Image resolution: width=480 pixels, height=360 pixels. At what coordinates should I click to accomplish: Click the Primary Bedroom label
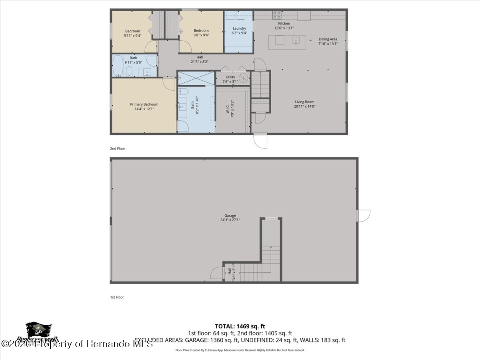pos(144,106)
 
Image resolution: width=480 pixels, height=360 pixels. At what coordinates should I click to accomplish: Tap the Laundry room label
pos(239,30)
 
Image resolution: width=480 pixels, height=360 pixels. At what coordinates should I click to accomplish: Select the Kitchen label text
pos(284,26)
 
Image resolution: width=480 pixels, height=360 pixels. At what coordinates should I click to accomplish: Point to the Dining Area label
pos(328,41)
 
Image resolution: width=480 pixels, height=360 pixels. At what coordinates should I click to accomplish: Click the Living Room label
pos(305,104)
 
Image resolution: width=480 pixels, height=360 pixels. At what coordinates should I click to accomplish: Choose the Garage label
pos(230,218)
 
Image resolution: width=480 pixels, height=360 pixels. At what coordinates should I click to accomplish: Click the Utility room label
pos(230,79)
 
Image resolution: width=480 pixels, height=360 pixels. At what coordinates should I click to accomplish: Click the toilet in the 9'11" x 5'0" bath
pos(129,72)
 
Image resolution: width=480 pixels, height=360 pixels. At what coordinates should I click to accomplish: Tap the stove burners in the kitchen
pos(277,15)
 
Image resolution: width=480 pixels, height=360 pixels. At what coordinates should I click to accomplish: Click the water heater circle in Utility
pos(243,78)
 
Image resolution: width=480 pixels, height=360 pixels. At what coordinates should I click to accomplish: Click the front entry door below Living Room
pos(260,141)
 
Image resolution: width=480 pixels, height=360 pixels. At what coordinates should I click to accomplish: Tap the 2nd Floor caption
pos(118,148)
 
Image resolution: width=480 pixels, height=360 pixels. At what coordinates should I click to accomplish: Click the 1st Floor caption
pos(117,297)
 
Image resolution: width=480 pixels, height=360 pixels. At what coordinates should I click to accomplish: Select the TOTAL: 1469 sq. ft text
pos(240,326)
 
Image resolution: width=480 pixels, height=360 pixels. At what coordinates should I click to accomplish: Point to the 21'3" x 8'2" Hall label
pos(200,59)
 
